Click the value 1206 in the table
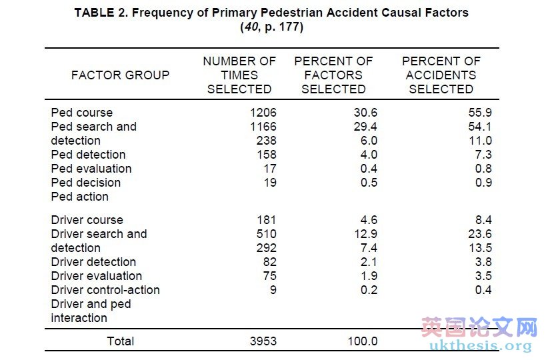[262, 113]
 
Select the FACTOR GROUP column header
[120, 75]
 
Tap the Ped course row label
[81, 113]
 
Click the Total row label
[120, 341]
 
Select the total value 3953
[262, 341]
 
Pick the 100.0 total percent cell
[362, 341]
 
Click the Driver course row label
[87, 220]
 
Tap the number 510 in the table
[266, 234]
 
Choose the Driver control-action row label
[105, 290]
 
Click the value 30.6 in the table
[364, 113]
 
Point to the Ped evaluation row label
[91, 169]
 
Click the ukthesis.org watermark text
[481, 346]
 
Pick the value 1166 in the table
[262, 127]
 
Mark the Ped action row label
[79, 197]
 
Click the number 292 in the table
[266, 248]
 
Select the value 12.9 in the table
[364, 234]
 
